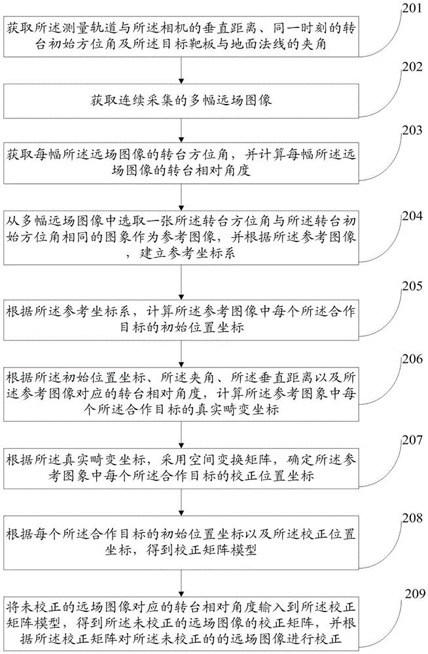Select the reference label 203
[405, 130]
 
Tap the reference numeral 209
[405, 594]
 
